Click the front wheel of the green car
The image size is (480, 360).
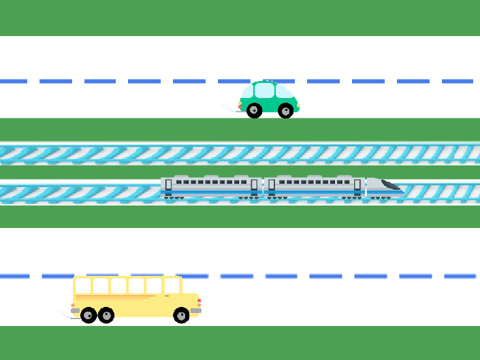286,110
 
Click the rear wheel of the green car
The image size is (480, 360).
254,110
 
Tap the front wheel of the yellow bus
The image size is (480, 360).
181,315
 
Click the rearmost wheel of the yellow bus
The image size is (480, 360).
89,315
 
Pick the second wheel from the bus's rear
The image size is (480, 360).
106,315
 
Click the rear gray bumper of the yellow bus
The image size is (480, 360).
75,310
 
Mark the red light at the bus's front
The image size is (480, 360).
199,301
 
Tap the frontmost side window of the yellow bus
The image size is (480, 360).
172,286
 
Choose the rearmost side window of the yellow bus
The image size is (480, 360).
83,286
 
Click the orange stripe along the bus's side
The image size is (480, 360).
112,297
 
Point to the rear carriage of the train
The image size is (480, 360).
211,186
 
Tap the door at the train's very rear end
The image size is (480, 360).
168,185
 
